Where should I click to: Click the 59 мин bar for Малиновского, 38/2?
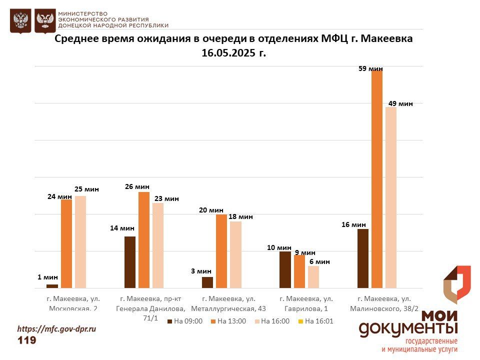pos(377,179)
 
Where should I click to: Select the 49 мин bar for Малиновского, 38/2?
pos(391,197)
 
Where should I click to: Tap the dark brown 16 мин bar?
pos(363,258)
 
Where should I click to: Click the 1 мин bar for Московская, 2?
pos(52,286)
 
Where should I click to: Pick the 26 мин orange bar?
pos(144,240)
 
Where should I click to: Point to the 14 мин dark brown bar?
pos(130,262)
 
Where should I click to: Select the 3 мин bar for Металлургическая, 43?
pos(207,282)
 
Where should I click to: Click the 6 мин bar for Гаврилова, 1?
pos(313,277)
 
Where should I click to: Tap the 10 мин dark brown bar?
pos(285,269)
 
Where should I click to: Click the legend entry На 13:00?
pos(228,321)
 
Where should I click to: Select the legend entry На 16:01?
pos(315,321)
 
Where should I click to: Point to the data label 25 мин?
pos(86,189)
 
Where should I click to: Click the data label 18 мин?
pos(240,217)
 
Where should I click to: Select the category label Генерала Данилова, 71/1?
pos(150,308)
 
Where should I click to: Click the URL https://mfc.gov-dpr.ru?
pos(56,329)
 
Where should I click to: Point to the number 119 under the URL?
pos(27,340)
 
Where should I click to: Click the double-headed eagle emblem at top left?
pos(20,21)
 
